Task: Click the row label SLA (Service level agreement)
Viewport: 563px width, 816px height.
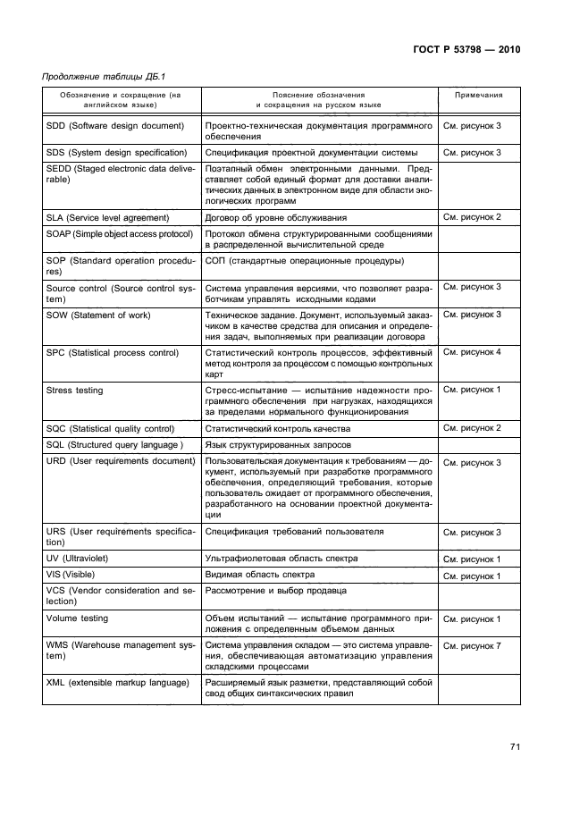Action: [x=107, y=217]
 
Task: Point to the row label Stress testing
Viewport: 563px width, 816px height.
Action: [x=74, y=391]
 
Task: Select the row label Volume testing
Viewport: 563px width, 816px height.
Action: [x=77, y=618]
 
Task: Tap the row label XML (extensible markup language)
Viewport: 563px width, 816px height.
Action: [x=118, y=683]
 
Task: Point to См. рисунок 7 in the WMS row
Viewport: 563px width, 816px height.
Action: [x=472, y=645]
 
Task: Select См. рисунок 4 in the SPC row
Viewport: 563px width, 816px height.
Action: [x=472, y=352]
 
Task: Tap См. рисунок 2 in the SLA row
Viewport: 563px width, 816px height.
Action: [x=472, y=217]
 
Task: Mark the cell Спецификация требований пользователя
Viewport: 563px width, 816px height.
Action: [x=295, y=532]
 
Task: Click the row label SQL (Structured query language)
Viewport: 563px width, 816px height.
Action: [x=114, y=444]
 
